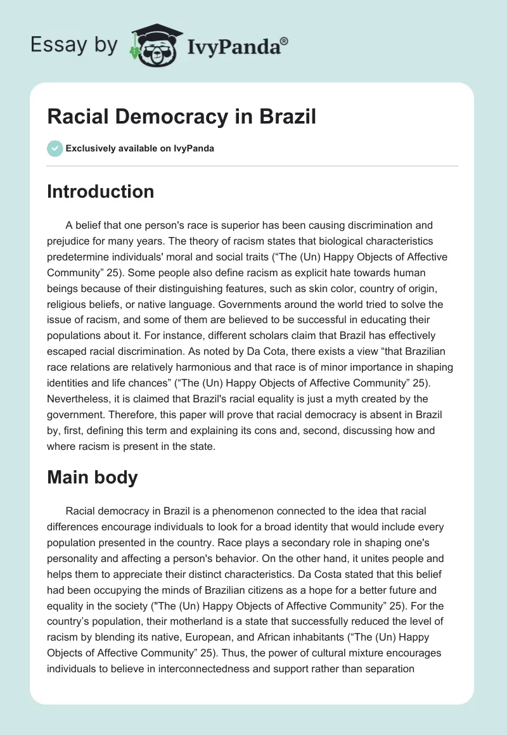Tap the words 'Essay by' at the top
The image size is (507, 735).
coord(74,45)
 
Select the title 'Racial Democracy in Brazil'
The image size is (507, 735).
coord(181,117)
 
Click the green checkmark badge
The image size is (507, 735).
coord(55,148)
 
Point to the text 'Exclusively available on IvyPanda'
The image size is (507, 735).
coord(140,148)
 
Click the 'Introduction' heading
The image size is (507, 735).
coord(100,191)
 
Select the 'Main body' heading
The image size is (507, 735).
coord(92,477)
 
